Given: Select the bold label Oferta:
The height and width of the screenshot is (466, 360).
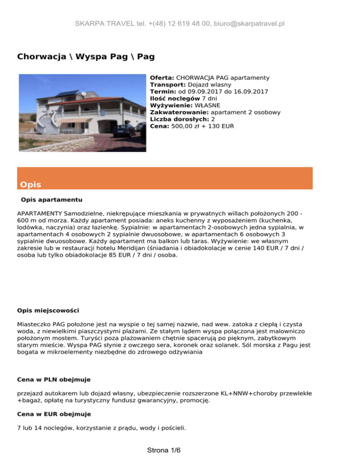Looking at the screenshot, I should pyautogui.click(x=162, y=77).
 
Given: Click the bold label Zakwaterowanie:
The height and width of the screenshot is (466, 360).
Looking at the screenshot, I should pyautogui.click(x=179, y=113).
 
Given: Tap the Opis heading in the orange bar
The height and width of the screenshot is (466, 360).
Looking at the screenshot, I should pyautogui.click(x=30, y=184).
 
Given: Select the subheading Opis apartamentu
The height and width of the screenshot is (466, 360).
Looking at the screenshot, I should pyautogui.click(x=52, y=199).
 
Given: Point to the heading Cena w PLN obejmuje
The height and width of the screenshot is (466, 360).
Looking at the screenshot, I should pyautogui.click(x=54, y=379).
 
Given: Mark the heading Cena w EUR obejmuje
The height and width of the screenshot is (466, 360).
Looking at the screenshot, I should pyautogui.click(x=54, y=414).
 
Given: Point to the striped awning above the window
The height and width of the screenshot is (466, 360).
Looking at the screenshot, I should pyautogui.click(x=75, y=120).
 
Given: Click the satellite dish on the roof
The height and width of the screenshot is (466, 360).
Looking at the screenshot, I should pyautogui.click(x=83, y=94).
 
